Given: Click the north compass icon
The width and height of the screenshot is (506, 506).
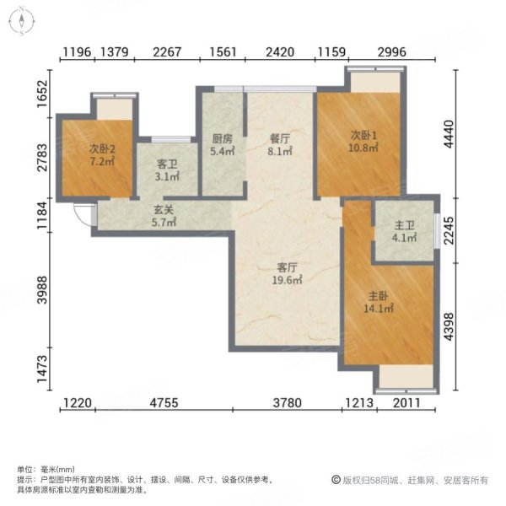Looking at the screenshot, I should [21, 20].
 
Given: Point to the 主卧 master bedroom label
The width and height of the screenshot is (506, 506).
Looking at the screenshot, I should [377, 296].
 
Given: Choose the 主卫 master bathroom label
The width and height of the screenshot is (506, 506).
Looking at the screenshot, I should [405, 226].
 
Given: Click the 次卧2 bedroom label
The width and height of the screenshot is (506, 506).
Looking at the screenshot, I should [101, 148].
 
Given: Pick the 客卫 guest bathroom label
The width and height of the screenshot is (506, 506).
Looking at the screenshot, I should [169, 165].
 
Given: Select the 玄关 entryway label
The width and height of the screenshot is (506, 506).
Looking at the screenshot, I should [164, 212].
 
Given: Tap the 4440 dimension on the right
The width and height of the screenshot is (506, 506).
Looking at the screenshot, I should [472, 132].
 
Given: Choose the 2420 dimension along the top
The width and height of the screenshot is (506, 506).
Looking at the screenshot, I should [280, 52].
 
